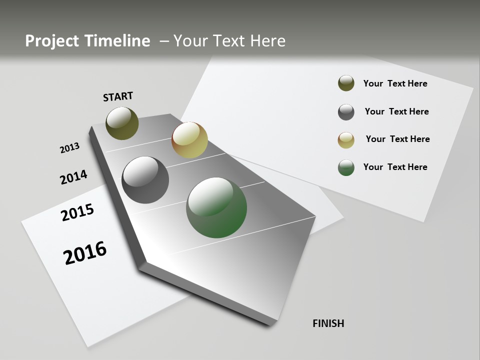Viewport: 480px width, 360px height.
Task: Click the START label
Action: click(118, 96)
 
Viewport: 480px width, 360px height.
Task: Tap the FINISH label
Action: click(328, 323)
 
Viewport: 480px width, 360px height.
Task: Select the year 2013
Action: click(69, 148)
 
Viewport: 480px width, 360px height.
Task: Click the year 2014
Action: click(73, 177)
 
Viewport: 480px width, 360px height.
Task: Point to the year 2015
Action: click(77, 212)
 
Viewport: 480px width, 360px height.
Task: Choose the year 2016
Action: click(85, 252)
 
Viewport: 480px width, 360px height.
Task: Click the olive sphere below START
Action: click(122, 123)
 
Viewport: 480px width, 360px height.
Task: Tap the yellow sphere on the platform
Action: click(189, 140)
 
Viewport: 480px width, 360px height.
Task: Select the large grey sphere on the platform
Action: click(145, 180)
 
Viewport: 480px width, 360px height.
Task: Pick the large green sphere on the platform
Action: click(216, 207)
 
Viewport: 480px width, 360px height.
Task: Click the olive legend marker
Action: click(346, 83)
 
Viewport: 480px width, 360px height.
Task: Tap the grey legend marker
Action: click(346, 112)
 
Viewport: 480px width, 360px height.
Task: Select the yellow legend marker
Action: click(346, 140)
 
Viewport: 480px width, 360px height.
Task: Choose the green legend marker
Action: click(346, 167)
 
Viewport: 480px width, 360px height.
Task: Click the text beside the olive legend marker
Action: click(395, 83)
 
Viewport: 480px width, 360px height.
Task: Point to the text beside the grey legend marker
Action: click(396, 111)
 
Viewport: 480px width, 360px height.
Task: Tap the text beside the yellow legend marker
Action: click(397, 139)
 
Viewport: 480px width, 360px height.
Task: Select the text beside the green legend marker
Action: click(395, 167)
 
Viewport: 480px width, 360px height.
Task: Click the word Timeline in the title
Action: click(118, 41)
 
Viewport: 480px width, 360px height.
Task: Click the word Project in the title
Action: click(51, 41)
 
